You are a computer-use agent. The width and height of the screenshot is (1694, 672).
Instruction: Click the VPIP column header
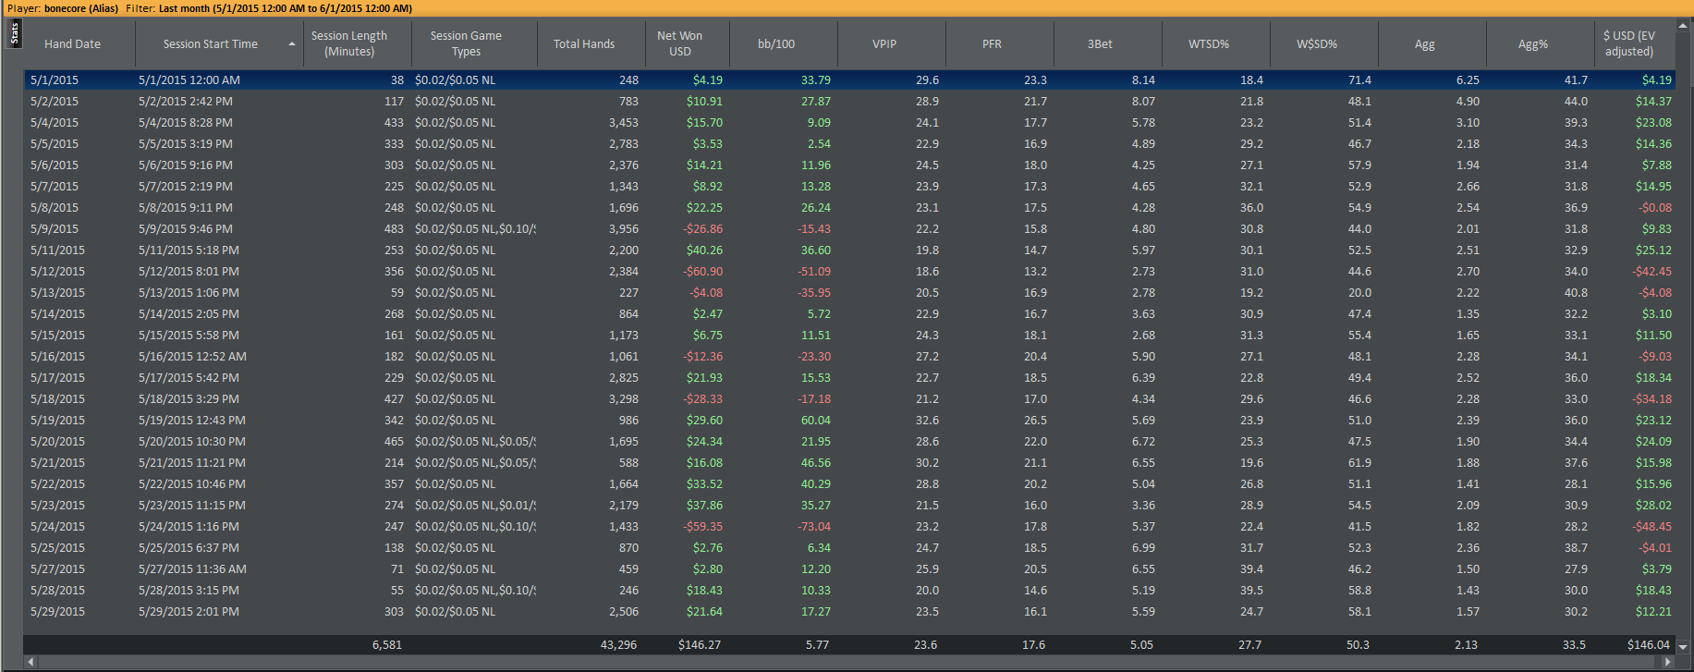(x=884, y=43)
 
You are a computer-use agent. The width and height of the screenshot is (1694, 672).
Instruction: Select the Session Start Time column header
(x=211, y=43)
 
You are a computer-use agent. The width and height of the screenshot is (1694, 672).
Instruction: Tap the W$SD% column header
(x=1317, y=43)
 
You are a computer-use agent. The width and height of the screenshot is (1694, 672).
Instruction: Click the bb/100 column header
(x=776, y=43)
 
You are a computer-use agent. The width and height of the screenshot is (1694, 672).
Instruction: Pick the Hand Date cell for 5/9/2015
(x=55, y=229)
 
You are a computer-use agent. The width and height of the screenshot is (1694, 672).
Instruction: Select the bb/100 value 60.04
(x=816, y=421)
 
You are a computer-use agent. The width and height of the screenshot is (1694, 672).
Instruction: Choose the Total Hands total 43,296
(x=619, y=645)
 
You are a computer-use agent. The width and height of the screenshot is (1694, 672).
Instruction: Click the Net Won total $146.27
(x=700, y=645)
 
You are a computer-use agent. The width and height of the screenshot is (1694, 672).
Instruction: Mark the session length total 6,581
(x=387, y=645)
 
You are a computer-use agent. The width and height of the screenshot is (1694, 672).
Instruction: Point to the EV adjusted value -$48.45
(x=1652, y=527)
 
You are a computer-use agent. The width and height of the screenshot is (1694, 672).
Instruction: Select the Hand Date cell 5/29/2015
(x=57, y=612)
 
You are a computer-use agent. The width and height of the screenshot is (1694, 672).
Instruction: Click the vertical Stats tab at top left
(x=14, y=34)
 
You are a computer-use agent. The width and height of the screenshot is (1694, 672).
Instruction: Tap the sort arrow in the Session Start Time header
(x=292, y=44)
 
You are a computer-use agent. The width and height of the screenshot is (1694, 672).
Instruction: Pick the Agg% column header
(x=1533, y=43)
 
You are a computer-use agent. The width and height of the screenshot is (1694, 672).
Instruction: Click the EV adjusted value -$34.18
(x=1652, y=399)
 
